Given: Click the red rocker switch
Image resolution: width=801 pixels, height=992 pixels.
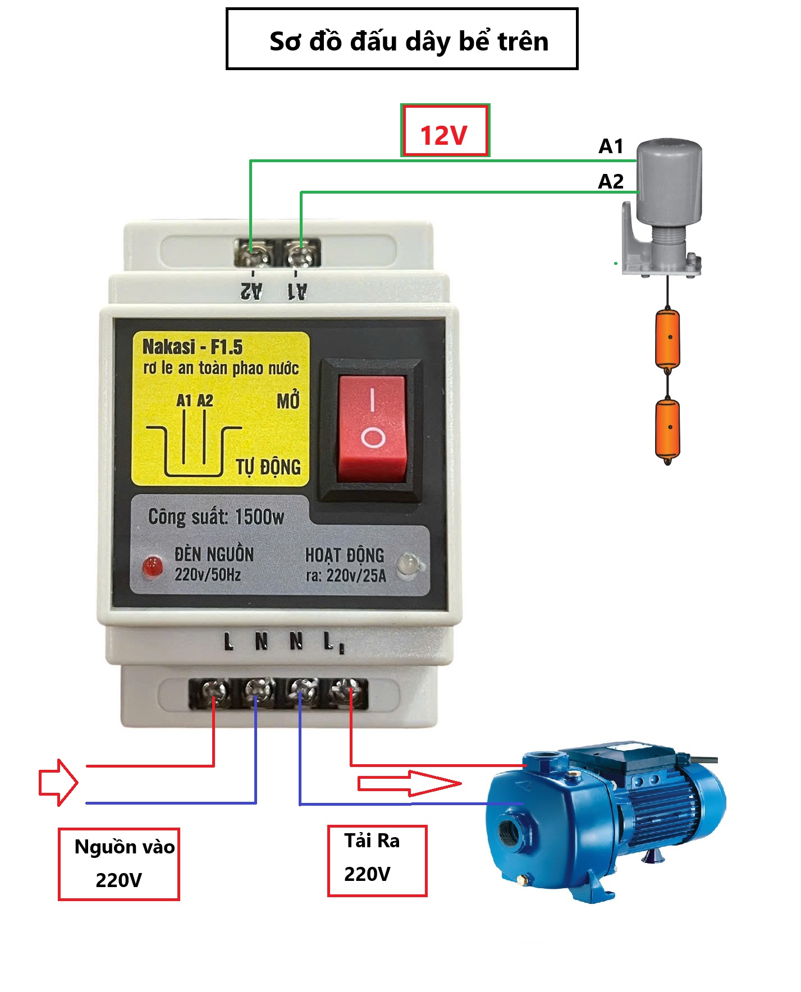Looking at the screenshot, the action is coord(372,429).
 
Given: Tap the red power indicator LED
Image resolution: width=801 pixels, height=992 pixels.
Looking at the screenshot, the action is coord(153,567).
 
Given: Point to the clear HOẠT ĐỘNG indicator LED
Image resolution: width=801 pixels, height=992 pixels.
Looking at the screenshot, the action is coord(409,564).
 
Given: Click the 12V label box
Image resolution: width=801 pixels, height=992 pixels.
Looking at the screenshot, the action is coord(445,130).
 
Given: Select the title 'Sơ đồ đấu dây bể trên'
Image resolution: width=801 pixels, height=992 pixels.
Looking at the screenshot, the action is coord(409,42).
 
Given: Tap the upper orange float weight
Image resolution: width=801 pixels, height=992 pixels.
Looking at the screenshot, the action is coord(667,339).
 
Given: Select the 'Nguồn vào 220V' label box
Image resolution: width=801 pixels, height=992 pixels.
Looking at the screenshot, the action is coord(119,864).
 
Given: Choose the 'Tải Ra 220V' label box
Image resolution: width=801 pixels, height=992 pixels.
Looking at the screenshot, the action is coord(377,860).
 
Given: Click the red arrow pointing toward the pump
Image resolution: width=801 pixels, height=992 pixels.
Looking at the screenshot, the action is coord(410,783).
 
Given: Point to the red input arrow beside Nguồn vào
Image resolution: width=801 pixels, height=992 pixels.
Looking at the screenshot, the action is coord(58,782).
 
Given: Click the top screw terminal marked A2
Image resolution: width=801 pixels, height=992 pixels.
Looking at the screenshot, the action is coord(251,254).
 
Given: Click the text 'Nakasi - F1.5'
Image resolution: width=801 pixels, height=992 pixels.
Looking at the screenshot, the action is coord(193,347).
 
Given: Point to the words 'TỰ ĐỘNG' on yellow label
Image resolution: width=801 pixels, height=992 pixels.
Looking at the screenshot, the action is coord(268,467).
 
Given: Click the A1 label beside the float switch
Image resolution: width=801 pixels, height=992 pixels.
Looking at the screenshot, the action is coord(611,146).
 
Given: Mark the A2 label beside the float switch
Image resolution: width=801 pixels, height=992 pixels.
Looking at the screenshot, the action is coord(611,181).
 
